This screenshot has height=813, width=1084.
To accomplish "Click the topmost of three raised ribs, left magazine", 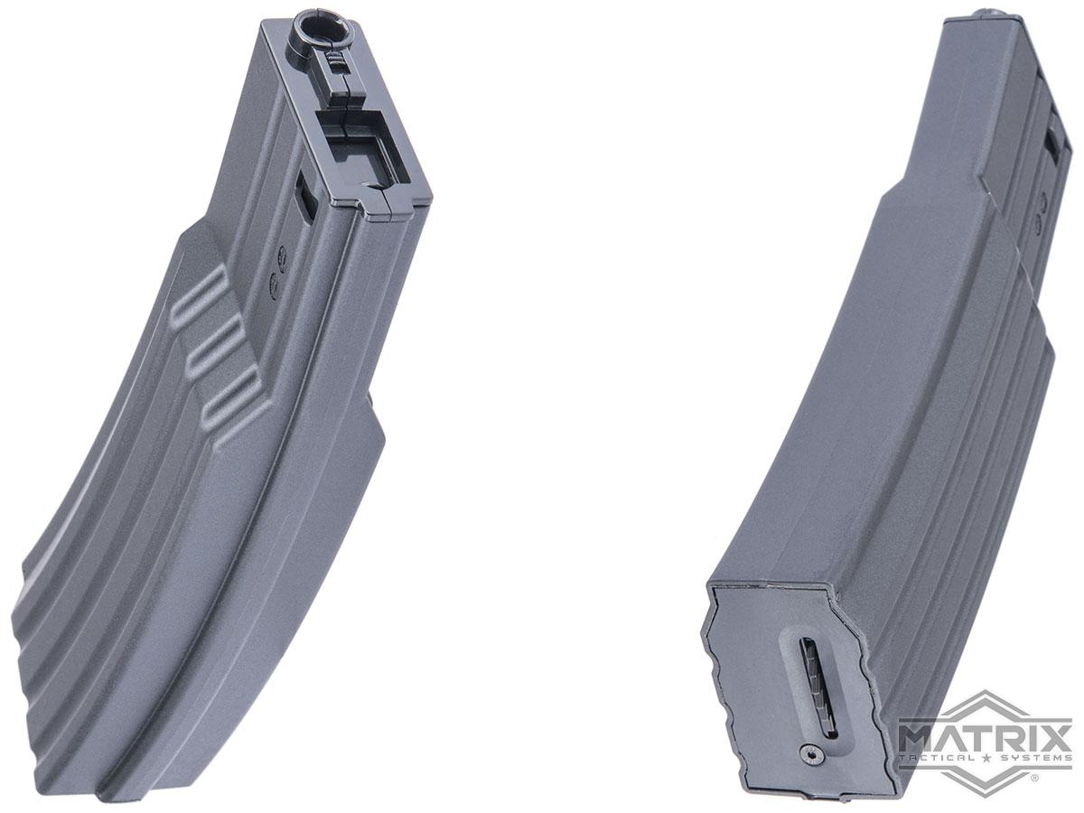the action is pyautogui.click(x=200, y=295).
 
